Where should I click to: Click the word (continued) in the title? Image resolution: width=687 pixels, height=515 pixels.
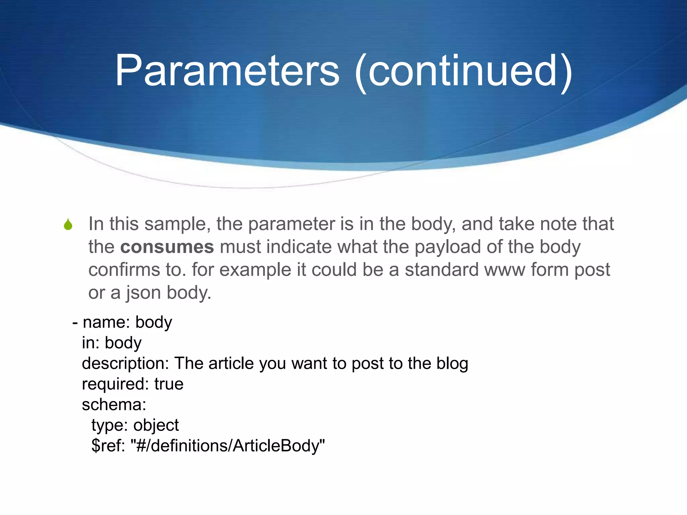point(463,71)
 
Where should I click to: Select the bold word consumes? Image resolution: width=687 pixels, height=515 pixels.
point(167,247)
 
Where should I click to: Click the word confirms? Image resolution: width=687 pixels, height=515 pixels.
point(124,270)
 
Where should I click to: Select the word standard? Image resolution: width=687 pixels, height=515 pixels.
point(441,270)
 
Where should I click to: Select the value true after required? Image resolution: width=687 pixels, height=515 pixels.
point(169,384)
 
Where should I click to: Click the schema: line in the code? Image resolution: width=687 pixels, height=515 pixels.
point(114,405)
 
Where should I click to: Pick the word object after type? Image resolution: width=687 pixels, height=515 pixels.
point(156,425)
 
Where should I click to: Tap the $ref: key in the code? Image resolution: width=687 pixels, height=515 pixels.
point(108,446)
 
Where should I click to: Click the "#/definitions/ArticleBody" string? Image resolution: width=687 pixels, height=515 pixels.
point(228,446)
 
